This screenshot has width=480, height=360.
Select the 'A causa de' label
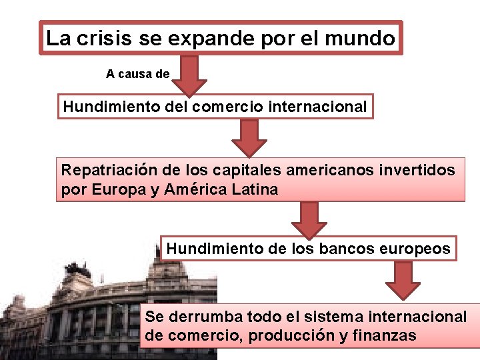click(138, 74)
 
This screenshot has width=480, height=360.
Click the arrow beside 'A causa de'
click(190, 75)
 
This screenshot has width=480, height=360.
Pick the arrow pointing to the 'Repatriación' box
click(249, 138)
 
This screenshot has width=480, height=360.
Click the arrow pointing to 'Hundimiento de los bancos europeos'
click(309, 220)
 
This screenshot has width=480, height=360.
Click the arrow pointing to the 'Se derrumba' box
click(403, 280)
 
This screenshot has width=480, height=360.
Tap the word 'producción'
click(290, 335)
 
